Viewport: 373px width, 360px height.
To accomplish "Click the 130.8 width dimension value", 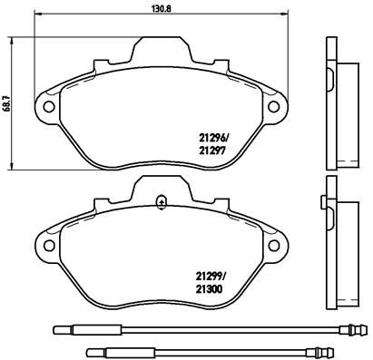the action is coord(162,9).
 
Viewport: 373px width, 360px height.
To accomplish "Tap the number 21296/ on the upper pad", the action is coord(212,139).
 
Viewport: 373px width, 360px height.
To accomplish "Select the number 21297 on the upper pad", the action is coord(211,151).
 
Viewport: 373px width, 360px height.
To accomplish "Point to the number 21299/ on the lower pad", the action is coord(210,277).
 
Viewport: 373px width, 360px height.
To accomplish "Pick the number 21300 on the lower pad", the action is coord(209,289).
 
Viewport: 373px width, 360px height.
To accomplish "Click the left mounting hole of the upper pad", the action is coord(49,106).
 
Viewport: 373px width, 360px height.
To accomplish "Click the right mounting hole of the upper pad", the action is coord(274,106).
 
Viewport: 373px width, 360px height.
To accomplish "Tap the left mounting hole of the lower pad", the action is coord(49,245).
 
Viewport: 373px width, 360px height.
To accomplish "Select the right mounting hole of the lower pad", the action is coord(274,245).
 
